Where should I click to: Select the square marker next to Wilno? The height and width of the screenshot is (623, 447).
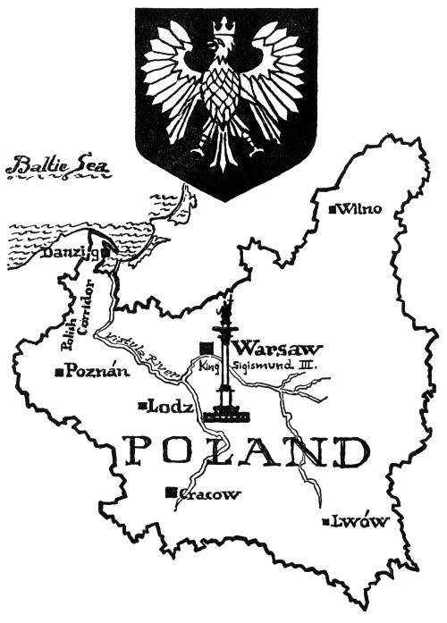point(333,209)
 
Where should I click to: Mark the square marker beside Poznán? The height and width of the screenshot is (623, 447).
point(59,372)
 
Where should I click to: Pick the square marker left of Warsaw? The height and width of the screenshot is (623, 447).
point(207,347)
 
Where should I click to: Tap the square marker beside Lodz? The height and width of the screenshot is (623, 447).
point(142,408)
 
